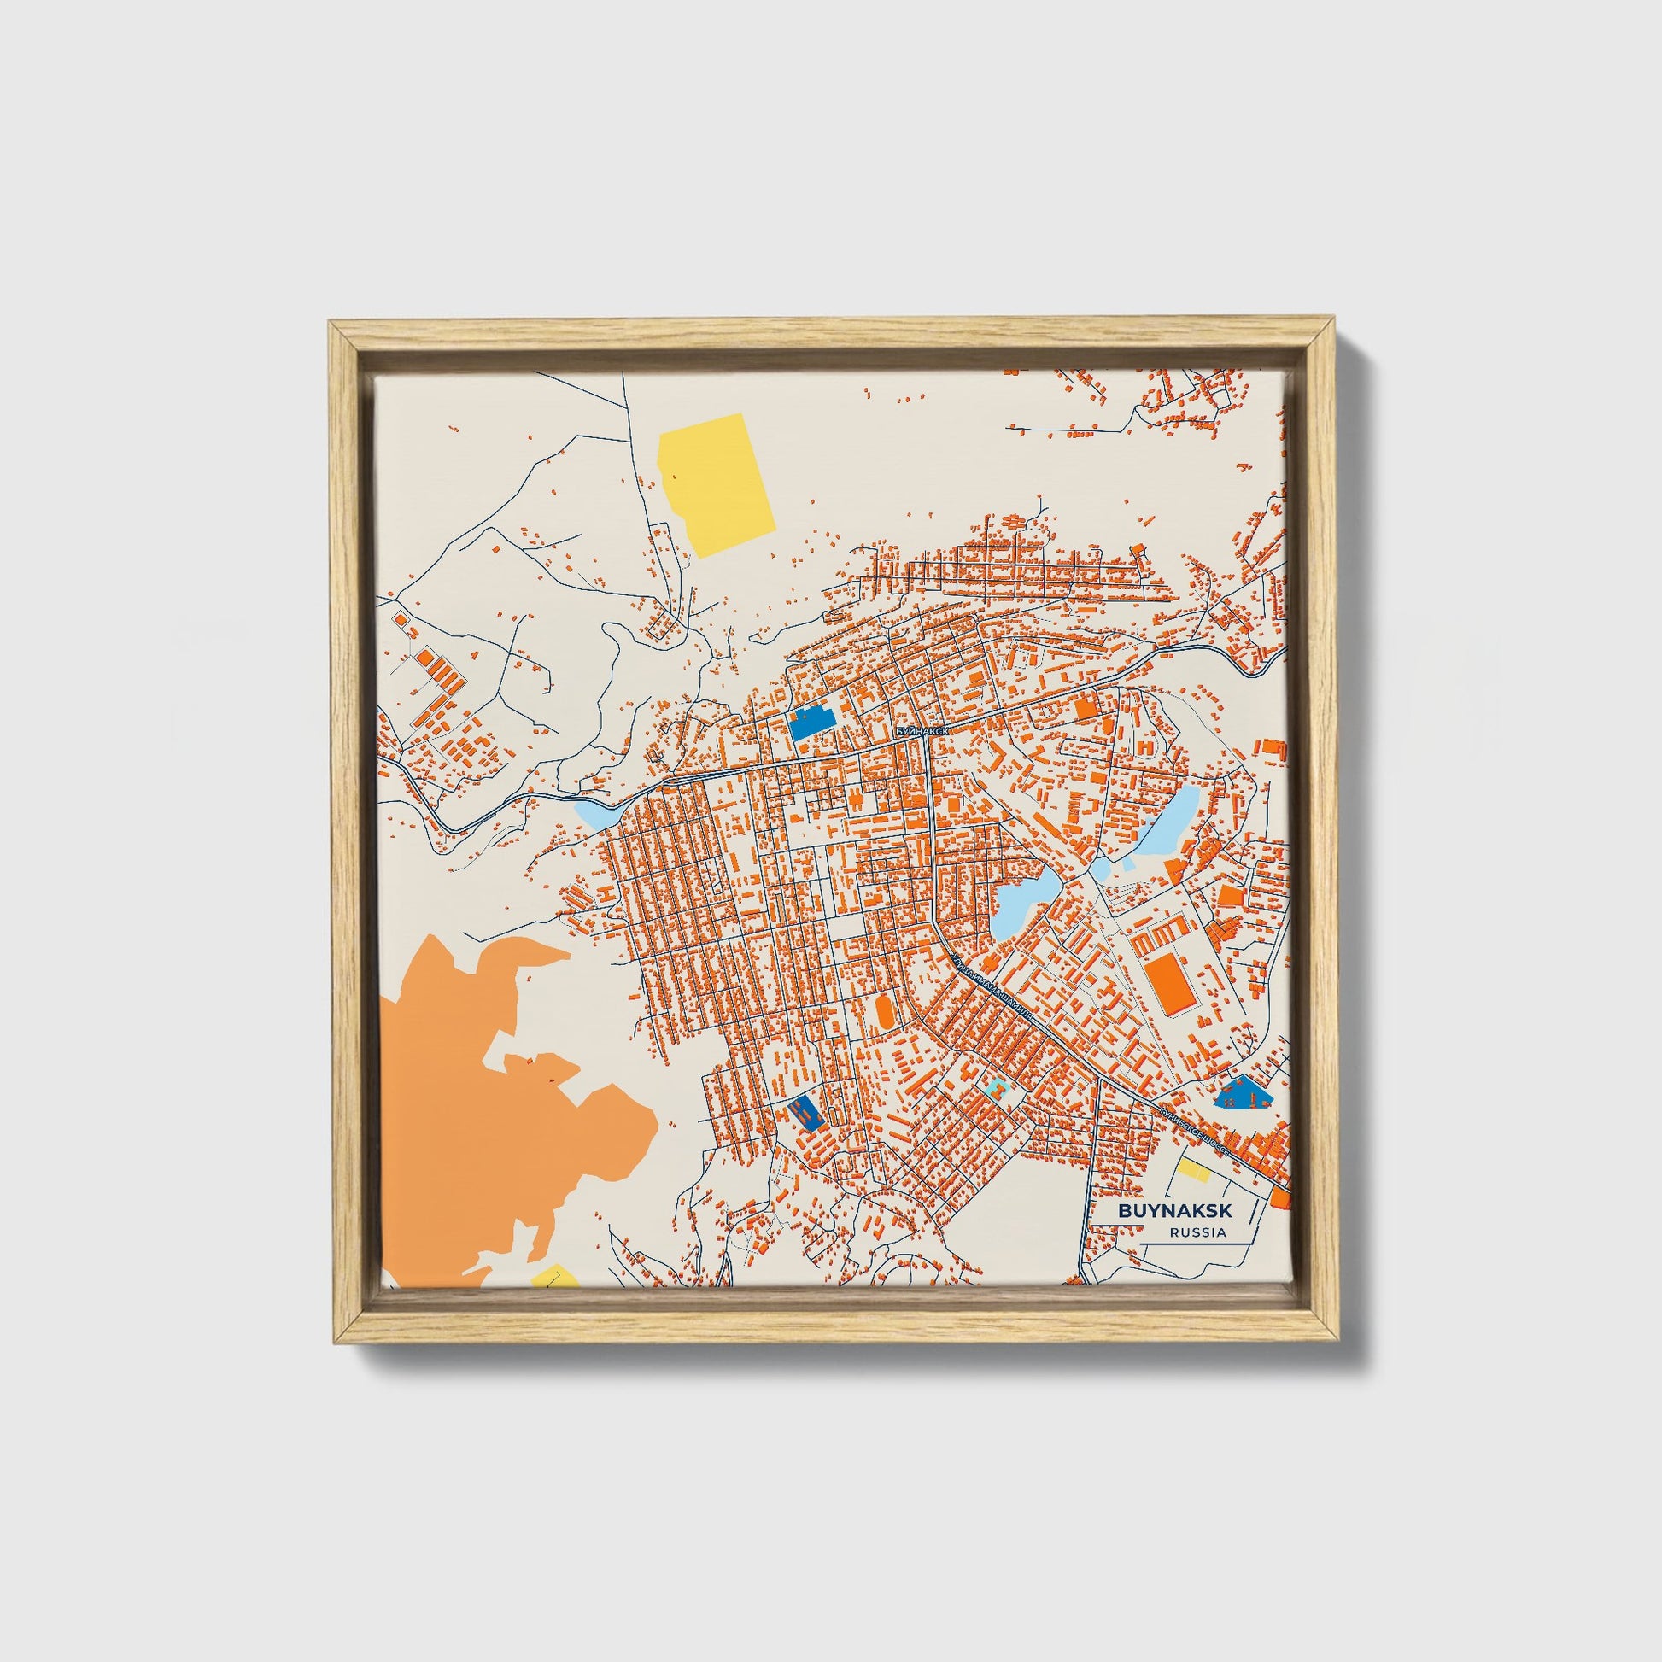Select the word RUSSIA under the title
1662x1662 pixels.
[1197, 1232]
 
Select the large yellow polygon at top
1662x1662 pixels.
[716, 483]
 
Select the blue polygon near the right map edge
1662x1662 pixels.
[1241, 1095]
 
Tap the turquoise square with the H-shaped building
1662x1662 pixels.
[996, 1090]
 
